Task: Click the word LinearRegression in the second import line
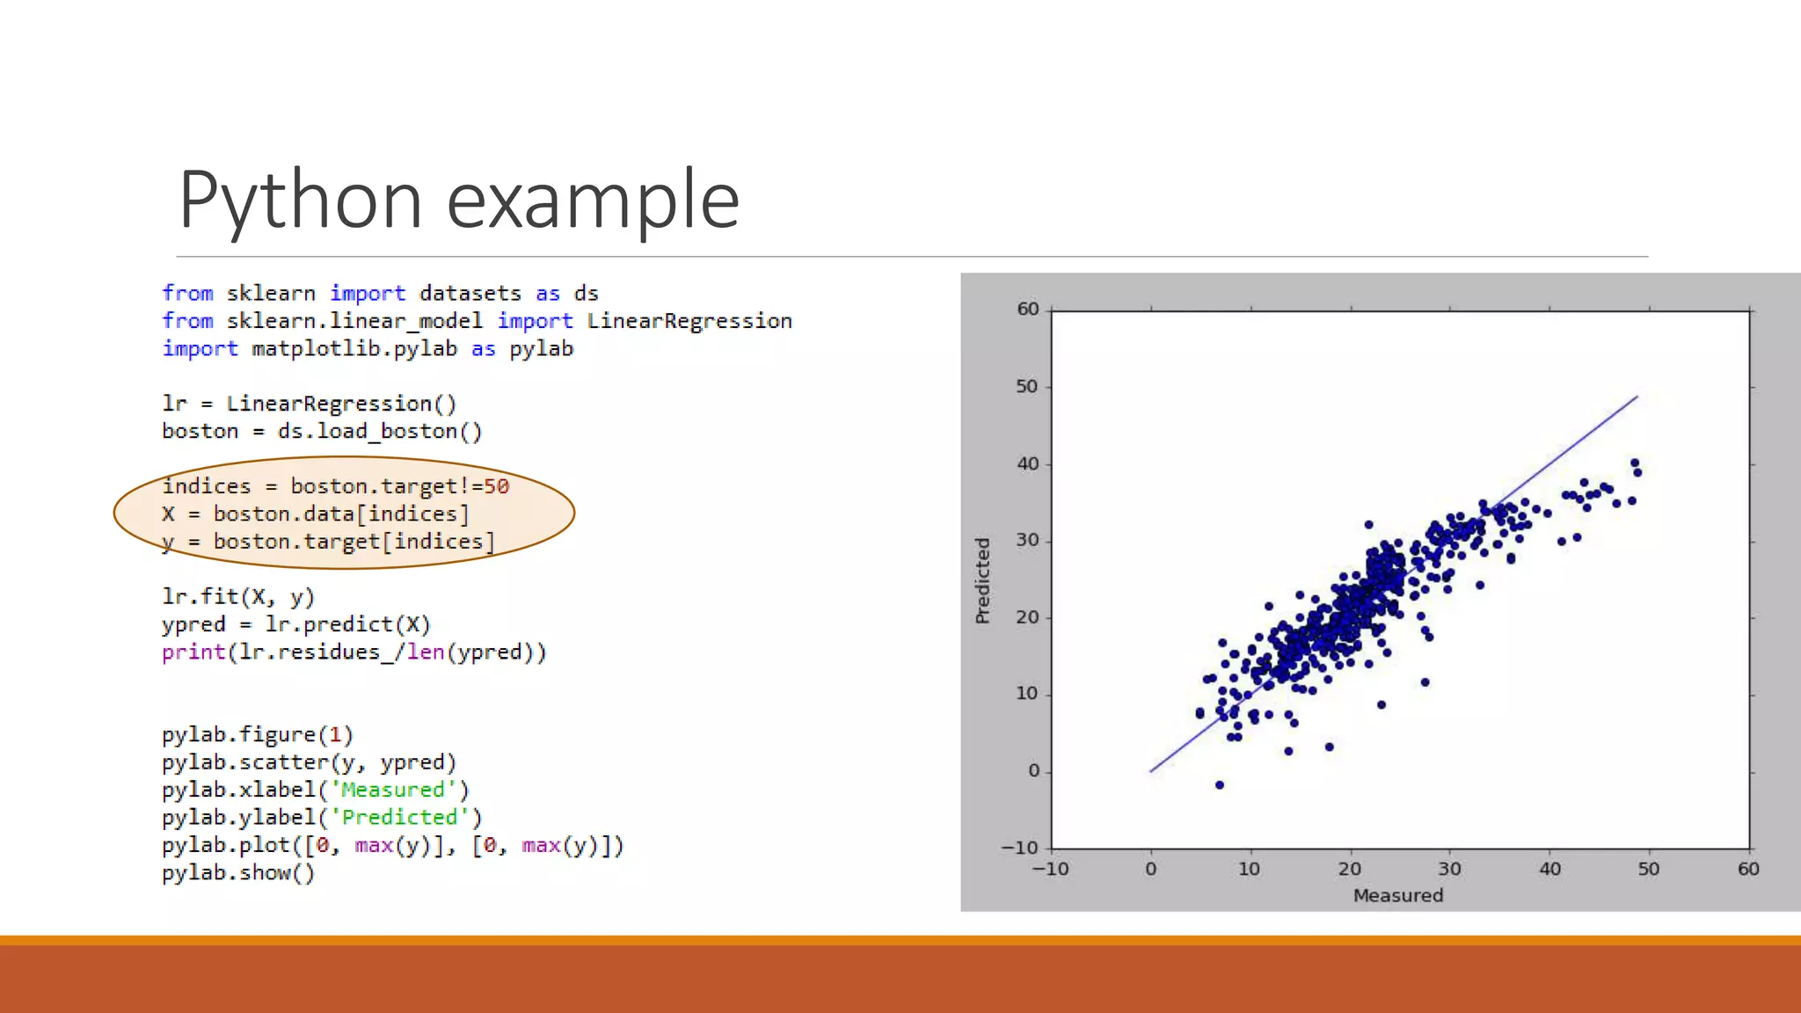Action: [689, 321]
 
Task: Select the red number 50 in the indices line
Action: [496, 486]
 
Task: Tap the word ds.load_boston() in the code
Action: [379, 431]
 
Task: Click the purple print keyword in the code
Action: [193, 652]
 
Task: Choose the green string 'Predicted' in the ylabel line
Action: [399, 818]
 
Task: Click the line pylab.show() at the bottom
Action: [237, 873]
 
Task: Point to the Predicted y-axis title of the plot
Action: [982, 580]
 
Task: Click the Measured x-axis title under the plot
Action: [1397, 895]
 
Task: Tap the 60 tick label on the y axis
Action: [1027, 309]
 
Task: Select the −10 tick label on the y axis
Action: [1020, 848]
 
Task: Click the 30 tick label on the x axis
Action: [1449, 869]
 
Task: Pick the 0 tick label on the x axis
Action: [1150, 869]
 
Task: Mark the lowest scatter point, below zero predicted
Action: [1219, 784]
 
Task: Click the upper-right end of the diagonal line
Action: [1637, 397]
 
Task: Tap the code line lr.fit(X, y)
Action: [237, 596]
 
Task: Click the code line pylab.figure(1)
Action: [257, 734]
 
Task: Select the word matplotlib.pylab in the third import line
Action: [354, 349]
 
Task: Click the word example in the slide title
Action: [593, 200]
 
